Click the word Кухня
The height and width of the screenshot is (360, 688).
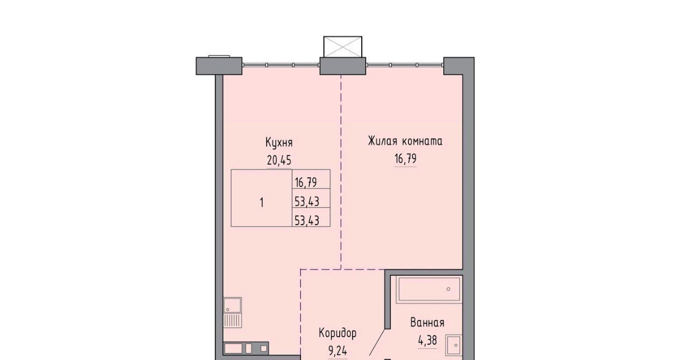[x=279, y=143]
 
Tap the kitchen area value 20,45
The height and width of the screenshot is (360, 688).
[x=279, y=160]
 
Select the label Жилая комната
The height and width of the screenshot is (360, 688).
[x=405, y=141]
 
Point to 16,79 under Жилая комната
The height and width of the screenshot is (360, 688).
[x=405, y=159]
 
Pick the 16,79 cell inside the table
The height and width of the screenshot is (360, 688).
[x=311, y=179]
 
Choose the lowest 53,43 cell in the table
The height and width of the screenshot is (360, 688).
[x=311, y=217]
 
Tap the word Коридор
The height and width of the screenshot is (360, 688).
[x=338, y=334]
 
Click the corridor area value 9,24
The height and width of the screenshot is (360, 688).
[x=338, y=350]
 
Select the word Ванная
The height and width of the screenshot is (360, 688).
[x=427, y=323]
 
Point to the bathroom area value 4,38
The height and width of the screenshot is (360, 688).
[x=427, y=340]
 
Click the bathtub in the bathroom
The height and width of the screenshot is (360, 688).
[x=429, y=290]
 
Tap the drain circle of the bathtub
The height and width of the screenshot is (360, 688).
[x=448, y=290]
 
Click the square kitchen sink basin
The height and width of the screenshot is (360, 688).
[x=233, y=306]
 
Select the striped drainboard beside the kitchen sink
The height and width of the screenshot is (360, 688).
[x=233, y=321]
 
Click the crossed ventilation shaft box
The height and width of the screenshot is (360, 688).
[x=343, y=47]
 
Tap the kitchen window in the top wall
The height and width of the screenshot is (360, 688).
[x=281, y=65]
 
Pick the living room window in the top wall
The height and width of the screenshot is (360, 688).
[x=405, y=65]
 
